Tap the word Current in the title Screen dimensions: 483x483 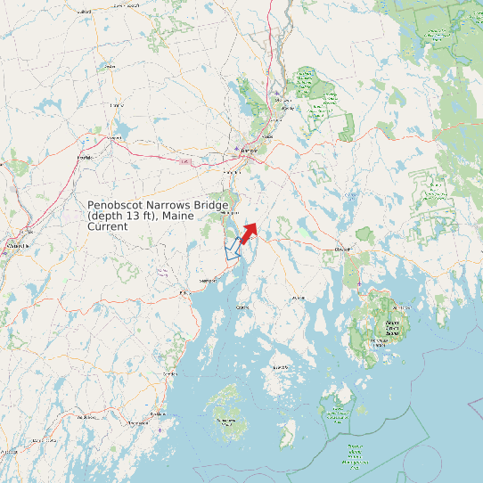coord(108,226)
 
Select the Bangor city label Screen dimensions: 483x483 coord(250,152)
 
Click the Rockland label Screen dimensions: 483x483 coord(158,413)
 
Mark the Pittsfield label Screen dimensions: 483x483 coord(86,158)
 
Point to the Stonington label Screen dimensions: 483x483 coord(281,367)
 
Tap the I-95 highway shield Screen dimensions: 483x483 coord(184,162)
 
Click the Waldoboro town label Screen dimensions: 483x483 coord(86,416)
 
